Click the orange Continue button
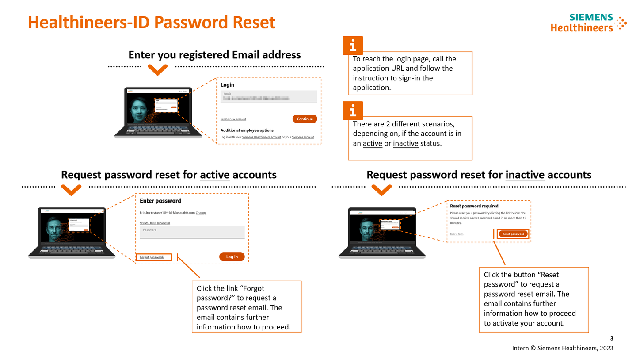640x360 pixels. tap(305, 119)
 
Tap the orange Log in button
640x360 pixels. tap(232, 257)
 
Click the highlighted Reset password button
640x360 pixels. tap(513, 234)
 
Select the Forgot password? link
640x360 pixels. tap(152, 257)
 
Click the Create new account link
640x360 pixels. tap(233, 119)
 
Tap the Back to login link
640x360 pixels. tap(457, 234)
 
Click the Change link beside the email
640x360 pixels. tap(201, 213)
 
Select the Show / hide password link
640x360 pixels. tap(155, 223)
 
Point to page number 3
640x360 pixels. tap(612, 338)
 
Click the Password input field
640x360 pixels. tap(192, 232)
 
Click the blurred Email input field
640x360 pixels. tap(269, 96)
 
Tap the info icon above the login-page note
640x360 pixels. tap(352, 45)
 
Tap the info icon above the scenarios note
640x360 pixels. tap(352, 110)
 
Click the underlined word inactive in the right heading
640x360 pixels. tap(525, 175)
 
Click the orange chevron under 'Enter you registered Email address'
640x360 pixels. tap(157, 69)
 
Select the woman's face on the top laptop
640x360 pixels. tap(140, 108)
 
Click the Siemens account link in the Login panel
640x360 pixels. tap(303, 137)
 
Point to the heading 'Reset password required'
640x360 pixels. tap(474, 206)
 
